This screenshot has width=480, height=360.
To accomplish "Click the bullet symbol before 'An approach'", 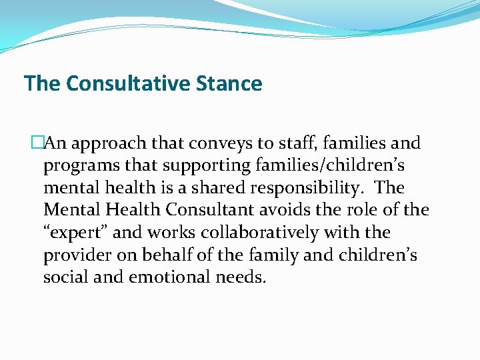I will click(x=37, y=143).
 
